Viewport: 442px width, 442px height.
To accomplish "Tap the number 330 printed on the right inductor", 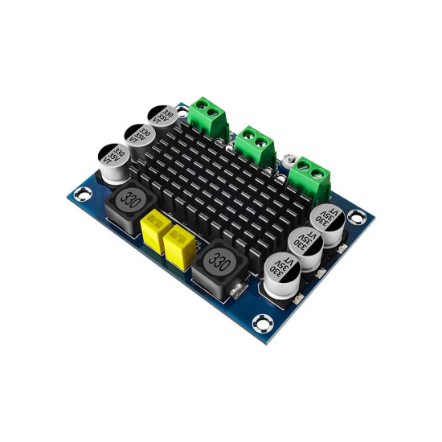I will click(x=219, y=260).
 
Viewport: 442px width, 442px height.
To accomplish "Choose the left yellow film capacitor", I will click(x=153, y=229).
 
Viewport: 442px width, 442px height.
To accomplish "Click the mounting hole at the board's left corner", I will click(x=80, y=193).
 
